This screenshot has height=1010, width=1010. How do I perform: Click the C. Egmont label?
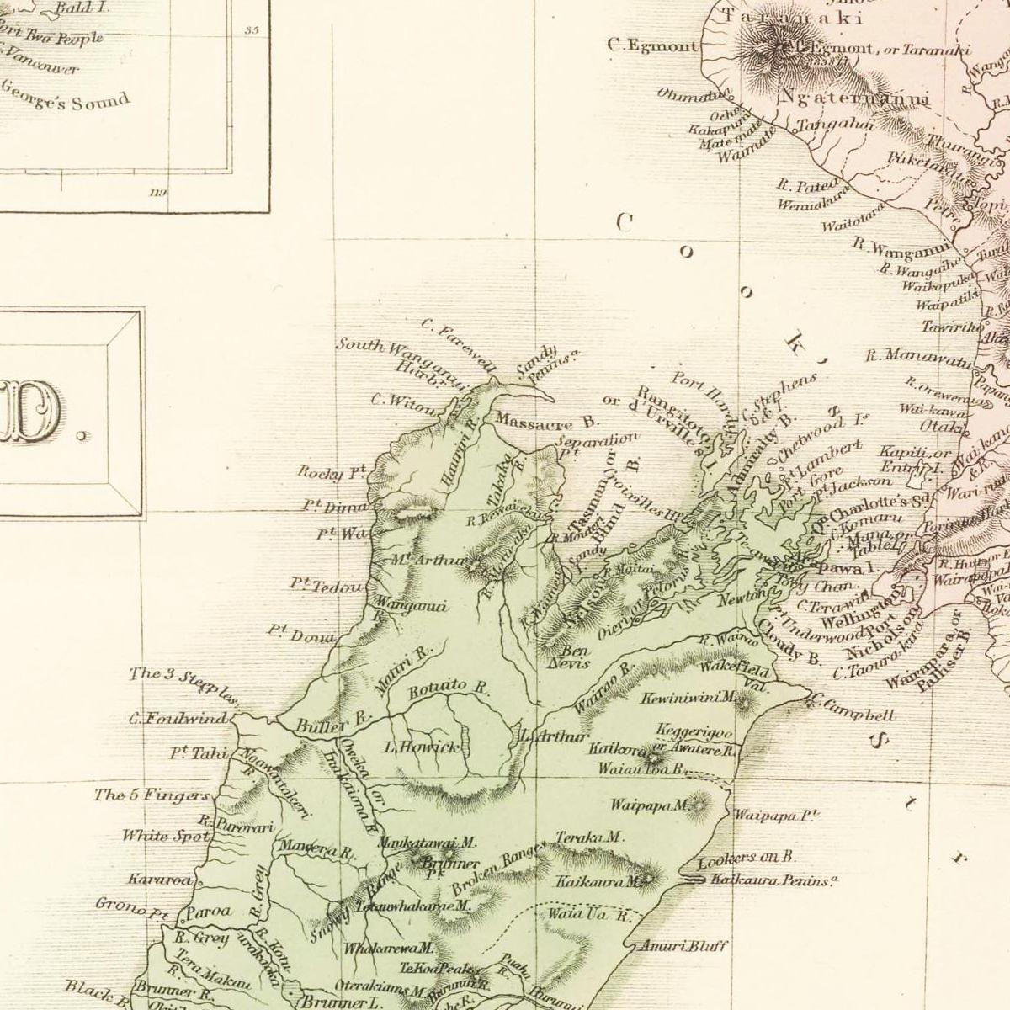652,46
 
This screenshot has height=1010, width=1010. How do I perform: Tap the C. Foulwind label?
178,719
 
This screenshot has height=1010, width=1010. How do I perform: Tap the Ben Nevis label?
575,656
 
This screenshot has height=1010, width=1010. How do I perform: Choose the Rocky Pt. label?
332,472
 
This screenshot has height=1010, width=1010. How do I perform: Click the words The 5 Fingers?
151,795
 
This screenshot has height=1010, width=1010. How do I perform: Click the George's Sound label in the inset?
66,95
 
